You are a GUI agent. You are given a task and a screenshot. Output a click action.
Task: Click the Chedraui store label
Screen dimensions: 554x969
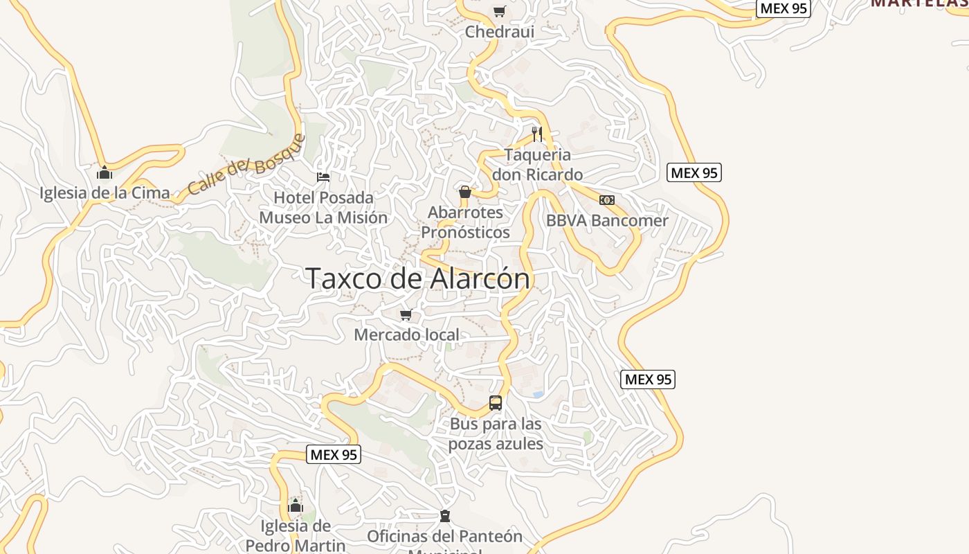[x=500, y=31]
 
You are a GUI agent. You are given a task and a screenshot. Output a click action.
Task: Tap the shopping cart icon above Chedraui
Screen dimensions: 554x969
[x=500, y=11]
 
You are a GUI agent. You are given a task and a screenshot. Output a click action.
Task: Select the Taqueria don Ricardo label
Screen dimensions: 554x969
[x=538, y=165]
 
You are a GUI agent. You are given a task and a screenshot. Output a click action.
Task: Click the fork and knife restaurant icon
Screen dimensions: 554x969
[x=537, y=134]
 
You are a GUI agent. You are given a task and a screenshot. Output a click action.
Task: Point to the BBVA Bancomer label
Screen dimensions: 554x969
[x=607, y=221]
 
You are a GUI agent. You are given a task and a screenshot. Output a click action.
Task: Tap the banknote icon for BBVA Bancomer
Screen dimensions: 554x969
[x=607, y=200]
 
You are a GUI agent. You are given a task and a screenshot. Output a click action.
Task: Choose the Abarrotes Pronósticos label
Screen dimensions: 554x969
[x=465, y=222]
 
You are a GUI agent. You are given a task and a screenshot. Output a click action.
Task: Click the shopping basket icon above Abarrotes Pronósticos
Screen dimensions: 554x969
[x=465, y=192]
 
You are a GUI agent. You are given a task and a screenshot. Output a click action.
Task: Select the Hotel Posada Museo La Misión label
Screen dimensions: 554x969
[x=323, y=208]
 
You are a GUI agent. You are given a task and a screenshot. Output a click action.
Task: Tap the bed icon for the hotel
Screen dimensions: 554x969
[x=323, y=177]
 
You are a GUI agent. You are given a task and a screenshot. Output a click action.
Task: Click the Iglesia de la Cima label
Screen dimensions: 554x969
[x=105, y=193]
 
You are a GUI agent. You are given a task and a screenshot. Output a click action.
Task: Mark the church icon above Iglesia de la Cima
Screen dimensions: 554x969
[x=105, y=172]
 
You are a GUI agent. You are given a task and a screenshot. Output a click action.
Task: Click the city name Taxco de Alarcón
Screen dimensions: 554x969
[x=418, y=278]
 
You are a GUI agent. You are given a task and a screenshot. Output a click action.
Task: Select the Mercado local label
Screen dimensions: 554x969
[x=406, y=335]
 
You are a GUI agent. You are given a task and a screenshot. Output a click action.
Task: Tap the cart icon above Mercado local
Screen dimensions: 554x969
[x=406, y=315]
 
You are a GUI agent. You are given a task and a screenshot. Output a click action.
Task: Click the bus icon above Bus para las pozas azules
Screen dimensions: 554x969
[x=496, y=402]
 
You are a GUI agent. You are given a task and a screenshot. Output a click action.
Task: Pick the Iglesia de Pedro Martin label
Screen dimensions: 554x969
[x=296, y=535]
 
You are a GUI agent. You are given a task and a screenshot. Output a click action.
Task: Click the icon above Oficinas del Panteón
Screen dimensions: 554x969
[x=445, y=516]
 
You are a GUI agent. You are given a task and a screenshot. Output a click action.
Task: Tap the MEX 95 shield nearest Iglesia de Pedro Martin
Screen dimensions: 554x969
[x=334, y=455]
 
